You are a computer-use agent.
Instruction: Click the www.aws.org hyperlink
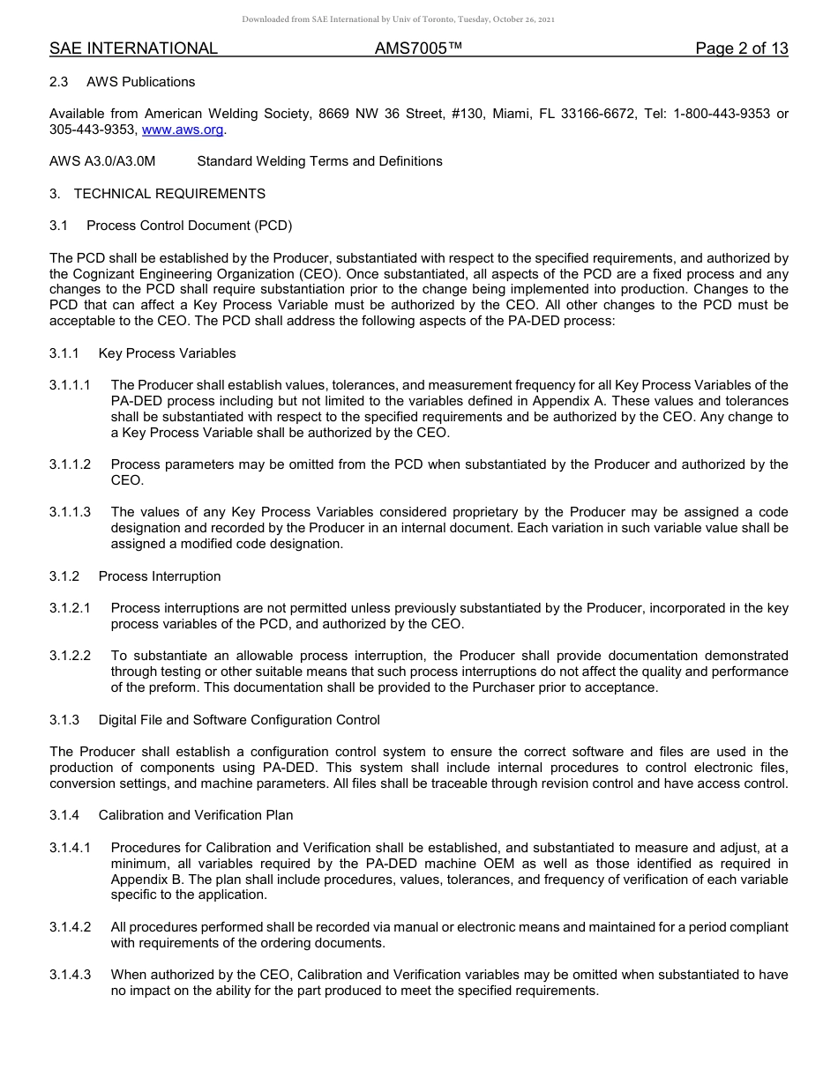point(183,130)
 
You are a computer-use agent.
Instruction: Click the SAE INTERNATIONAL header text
point(133,49)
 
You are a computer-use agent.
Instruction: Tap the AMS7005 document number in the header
point(418,49)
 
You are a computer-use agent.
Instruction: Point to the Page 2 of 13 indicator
point(741,49)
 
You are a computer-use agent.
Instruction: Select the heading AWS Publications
point(140,82)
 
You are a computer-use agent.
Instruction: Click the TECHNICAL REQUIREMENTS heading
point(169,194)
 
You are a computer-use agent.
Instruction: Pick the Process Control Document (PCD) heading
point(189,226)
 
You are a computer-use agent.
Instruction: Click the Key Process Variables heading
point(167,353)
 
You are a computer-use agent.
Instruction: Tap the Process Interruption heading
point(160,576)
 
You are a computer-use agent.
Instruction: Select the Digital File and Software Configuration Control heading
point(239,720)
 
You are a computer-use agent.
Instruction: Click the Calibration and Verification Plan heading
point(196,815)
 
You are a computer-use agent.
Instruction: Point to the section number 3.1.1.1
point(70,385)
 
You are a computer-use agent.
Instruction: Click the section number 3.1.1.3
point(70,512)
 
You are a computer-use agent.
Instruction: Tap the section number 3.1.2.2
point(70,656)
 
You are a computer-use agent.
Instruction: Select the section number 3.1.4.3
point(70,975)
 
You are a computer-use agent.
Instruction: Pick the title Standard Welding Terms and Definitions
point(319,161)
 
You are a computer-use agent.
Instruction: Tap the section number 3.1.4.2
point(70,927)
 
